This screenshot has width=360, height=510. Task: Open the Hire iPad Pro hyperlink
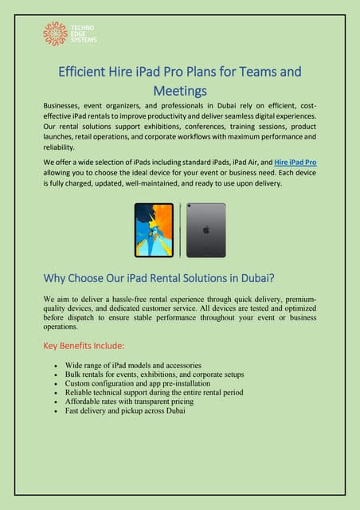(294, 161)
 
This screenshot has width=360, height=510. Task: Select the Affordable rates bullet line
(131, 402)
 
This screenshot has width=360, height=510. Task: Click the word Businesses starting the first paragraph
(66, 105)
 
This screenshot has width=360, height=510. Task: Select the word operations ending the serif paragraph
(64, 327)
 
